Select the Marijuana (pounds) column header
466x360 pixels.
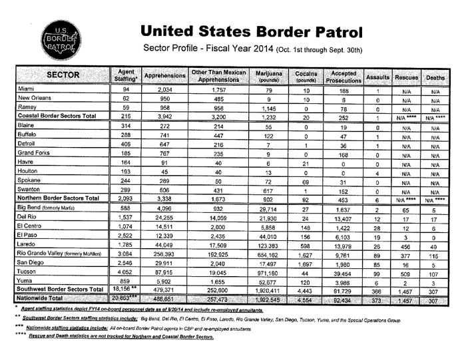point(269,75)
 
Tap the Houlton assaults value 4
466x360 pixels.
point(377,171)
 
